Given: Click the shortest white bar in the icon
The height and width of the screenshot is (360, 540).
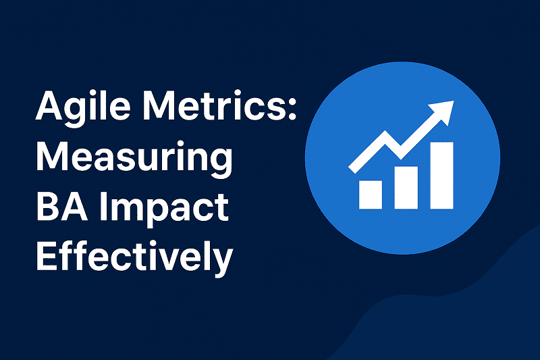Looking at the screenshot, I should tap(371, 194).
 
